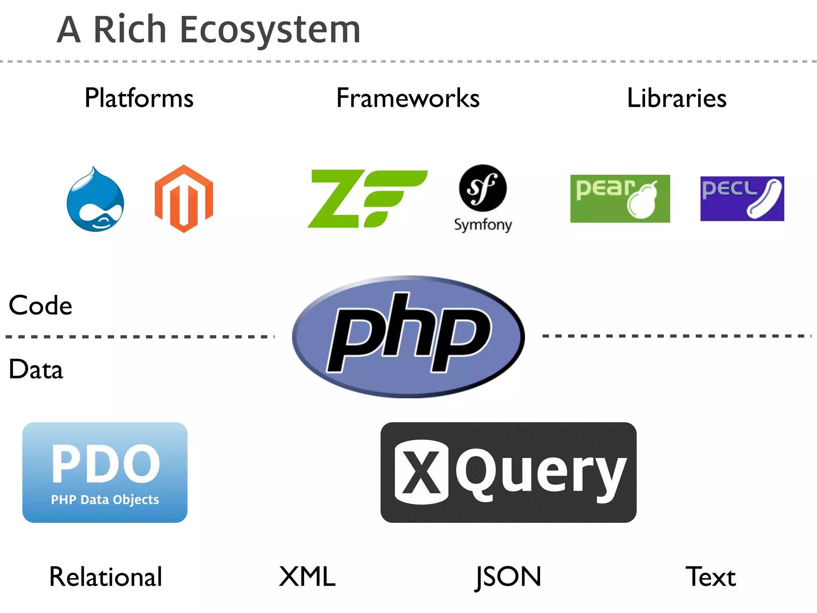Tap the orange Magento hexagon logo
(x=184, y=198)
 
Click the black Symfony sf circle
(x=483, y=188)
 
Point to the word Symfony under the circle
(x=483, y=225)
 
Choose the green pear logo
(x=620, y=198)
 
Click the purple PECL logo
(x=742, y=198)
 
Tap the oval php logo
(x=408, y=336)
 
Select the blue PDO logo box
(x=105, y=472)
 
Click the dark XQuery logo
(x=508, y=472)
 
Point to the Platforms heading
(x=139, y=98)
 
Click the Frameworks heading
(x=408, y=98)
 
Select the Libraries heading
(x=677, y=98)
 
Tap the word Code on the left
(x=40, y=306)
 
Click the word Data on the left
(x=36, y=370)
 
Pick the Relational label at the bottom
(x=106, y=577)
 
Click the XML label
(x=307, y=577)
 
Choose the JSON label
(x=508, y=577)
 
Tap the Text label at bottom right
(x=710, y=577)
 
